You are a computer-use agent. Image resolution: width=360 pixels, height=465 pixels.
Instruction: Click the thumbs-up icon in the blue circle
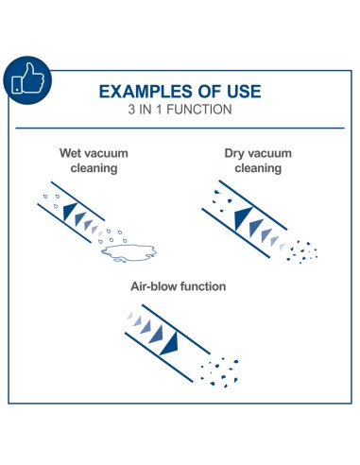point(27,78)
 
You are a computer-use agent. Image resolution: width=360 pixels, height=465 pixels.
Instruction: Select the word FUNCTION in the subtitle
point(199,110)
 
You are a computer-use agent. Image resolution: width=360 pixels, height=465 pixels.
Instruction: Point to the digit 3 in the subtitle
point(131,110)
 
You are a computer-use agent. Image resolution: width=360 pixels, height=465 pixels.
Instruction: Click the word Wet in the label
point(70,153)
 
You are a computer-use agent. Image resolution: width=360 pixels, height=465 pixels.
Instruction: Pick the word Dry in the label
point(233,153)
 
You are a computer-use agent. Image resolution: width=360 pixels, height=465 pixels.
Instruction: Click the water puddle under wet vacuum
point(129,252)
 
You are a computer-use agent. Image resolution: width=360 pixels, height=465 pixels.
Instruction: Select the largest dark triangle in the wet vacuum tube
point(69,211)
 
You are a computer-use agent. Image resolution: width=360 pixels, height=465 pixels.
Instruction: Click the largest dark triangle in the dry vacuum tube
point(242,218)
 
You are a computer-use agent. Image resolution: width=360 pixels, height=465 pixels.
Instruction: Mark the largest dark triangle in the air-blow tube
point(170,344)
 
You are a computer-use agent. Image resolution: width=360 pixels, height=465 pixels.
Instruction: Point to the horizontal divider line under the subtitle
point(180,129)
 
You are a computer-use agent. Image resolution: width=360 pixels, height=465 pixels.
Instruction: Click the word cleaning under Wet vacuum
point(94,168)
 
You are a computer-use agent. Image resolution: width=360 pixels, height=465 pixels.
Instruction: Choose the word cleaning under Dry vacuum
point(258,168)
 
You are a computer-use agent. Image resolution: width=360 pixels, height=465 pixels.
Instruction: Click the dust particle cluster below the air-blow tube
point(219,372)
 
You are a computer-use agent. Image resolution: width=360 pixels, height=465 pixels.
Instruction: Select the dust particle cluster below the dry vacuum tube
point(301,252)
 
